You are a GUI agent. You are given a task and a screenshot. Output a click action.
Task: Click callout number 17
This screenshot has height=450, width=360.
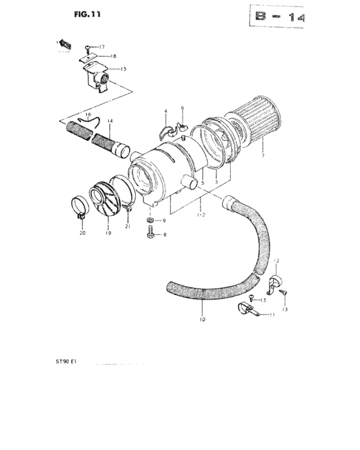pos(101,47)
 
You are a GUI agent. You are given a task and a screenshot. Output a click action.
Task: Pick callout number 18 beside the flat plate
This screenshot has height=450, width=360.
pos(113,57)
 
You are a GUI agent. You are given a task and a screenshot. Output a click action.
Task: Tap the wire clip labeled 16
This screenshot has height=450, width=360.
pos(84,120)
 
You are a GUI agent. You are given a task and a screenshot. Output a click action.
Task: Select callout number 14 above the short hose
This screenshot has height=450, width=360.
pos(109,121)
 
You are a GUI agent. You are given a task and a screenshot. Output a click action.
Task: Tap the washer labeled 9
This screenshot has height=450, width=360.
pos(150,221)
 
